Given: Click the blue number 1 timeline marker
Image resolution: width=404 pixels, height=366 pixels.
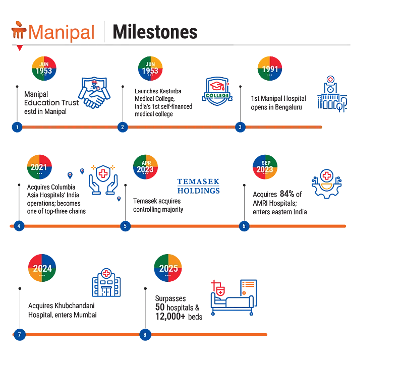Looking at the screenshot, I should pyautogui.click(x=17, y=127).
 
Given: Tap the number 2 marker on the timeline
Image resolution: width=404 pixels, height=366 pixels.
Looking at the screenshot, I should pyautogui.click(x=122, y=127).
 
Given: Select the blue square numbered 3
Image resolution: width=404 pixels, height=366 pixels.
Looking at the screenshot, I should pyautogui.click(x=240, y=127).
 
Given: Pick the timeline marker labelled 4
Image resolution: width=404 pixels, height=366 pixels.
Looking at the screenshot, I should pyautogui.click(x=19, y=226).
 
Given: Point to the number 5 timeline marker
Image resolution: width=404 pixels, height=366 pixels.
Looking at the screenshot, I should pyautogui.click(x=125, y=226).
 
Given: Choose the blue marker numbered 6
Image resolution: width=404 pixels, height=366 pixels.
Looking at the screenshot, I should pyautogui.click(x=244, y=226).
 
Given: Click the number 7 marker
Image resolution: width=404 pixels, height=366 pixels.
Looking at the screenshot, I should pyautogui.click(x=19, y=335).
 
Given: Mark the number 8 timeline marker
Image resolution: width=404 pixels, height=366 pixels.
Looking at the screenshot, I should pyautogui.click(x=145, y=335).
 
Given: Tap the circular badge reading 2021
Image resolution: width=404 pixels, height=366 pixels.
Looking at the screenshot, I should pyautogui.click(x=39, y=167).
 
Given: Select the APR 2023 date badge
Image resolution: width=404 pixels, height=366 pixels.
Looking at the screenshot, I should pyautogui.click(x=145, y=167).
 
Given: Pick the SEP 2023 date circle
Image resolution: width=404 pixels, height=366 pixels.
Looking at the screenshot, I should pyautogui.click(x=265, y=167).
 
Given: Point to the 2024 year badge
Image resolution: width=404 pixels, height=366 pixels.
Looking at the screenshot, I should pyautogui.click(x=42, y=268).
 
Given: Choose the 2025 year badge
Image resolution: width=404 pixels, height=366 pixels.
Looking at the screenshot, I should pyautogui.click(x=168, y=268).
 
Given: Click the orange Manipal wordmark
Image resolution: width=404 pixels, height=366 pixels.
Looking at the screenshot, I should pyautogui.click(x=62, y=33).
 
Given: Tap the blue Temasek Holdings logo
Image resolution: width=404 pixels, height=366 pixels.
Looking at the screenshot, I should pyautogui.click(x=199, y=186).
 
